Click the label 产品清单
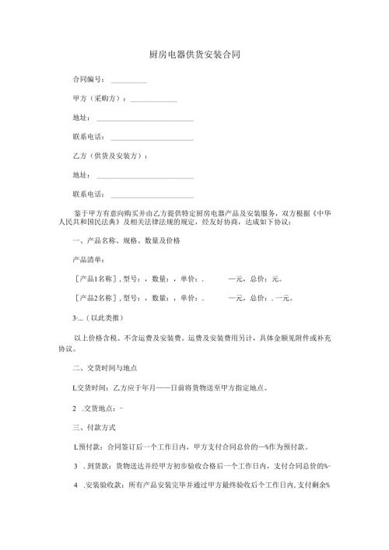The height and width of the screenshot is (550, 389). coord(87,260)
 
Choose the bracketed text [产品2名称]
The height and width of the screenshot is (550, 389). coord(96,297)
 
